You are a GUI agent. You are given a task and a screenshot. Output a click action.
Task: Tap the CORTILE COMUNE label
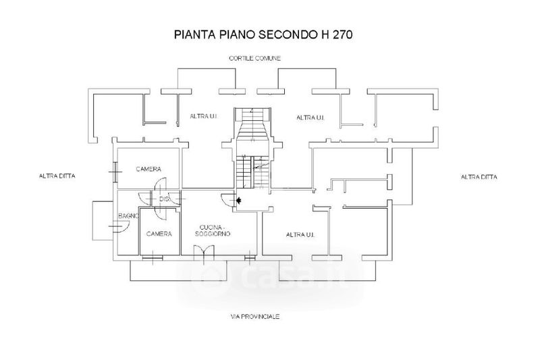click(x=254, y=59)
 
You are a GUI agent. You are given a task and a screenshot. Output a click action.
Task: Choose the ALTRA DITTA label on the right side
click(x=479, y=177)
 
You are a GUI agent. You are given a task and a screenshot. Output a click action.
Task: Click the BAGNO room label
click(x=128, y=215)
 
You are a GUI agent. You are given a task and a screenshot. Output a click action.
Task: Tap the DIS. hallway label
click(x=165, y=199)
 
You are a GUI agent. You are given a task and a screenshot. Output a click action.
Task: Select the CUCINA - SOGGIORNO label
click(x=213, y=230)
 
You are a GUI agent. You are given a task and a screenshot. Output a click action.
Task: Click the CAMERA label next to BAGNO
click(x=159, y=234)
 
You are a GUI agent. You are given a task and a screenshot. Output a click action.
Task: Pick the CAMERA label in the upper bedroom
click(x=148, y=168)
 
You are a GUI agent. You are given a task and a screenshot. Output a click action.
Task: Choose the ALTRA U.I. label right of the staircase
click(x=311, y=118)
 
